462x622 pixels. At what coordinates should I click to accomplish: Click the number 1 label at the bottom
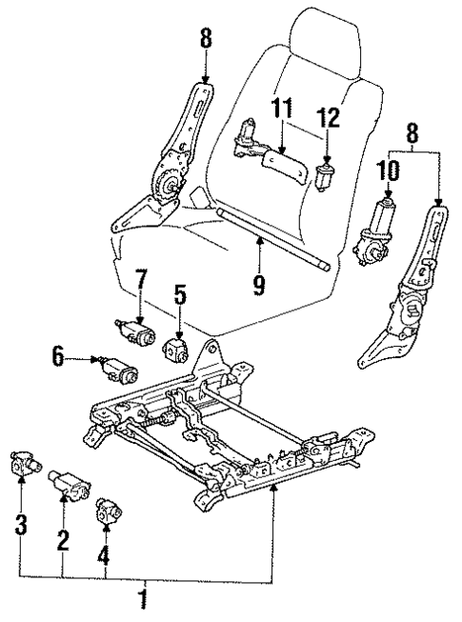144,601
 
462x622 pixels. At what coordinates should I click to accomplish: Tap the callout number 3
22,523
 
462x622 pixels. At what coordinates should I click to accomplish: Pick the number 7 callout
140,282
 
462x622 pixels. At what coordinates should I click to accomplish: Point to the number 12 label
329,118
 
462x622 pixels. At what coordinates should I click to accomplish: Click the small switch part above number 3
26,464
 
